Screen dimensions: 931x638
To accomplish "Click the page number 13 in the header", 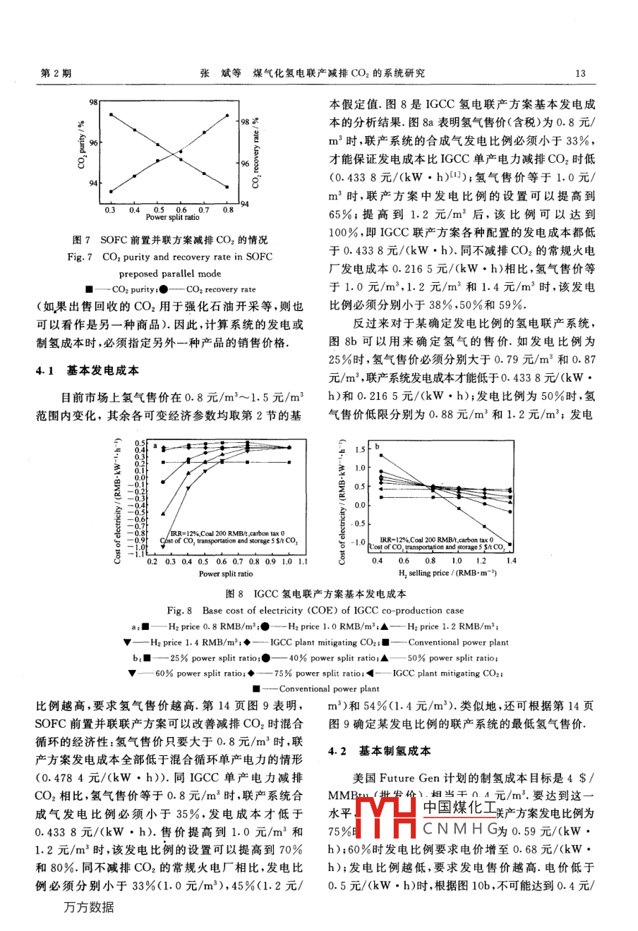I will click(x=581, y=73).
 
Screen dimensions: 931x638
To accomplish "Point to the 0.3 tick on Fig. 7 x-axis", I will click(x=110, y=209).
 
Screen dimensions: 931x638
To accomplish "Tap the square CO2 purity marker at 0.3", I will click(x=110, y=114).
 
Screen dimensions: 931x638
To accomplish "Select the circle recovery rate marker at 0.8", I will click(x=227, y=115).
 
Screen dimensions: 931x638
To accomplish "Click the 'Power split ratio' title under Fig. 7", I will click(x=172, y=217).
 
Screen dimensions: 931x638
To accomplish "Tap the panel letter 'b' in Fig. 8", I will click(x=377, y=446).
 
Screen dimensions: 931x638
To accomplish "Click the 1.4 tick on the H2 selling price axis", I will click(x=511, y=561).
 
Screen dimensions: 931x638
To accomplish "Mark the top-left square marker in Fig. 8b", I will click(x=381, y=456).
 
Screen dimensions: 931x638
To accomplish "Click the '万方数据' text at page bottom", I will click(x=89, y=907).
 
